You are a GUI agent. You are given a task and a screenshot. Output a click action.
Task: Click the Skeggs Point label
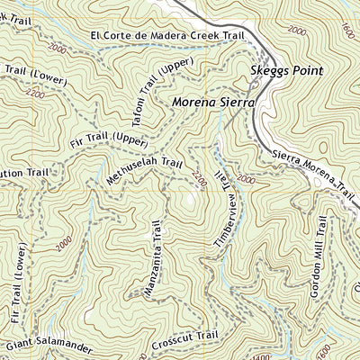click(x=286, y=69)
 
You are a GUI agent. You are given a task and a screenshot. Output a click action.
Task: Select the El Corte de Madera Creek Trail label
click(x=167, y=36)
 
